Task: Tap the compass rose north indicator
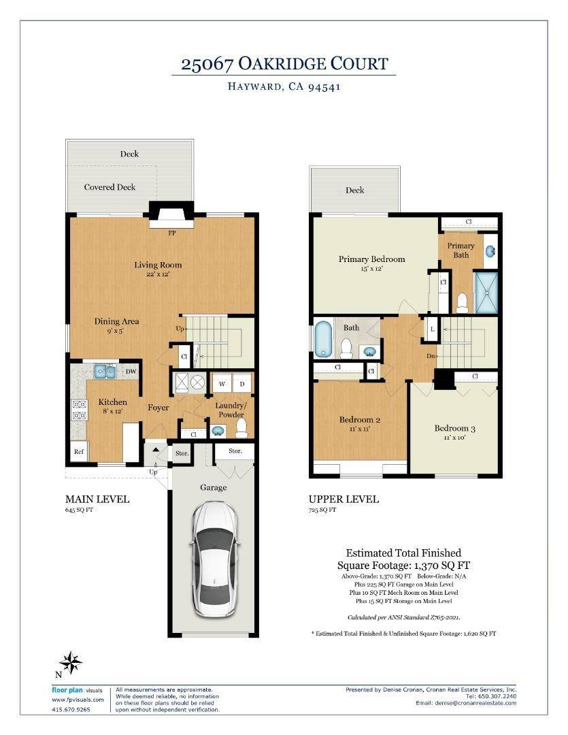70,662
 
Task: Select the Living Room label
158,265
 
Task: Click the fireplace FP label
172,233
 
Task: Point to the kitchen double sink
105,371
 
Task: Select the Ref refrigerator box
79,451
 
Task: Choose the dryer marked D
242,383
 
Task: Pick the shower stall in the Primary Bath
486,293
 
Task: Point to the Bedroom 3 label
454,429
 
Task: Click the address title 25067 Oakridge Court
284,64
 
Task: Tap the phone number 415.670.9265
71,709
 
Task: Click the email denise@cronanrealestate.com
466,703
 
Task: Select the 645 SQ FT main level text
79,510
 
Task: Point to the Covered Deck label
110,187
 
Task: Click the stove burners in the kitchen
80,410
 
